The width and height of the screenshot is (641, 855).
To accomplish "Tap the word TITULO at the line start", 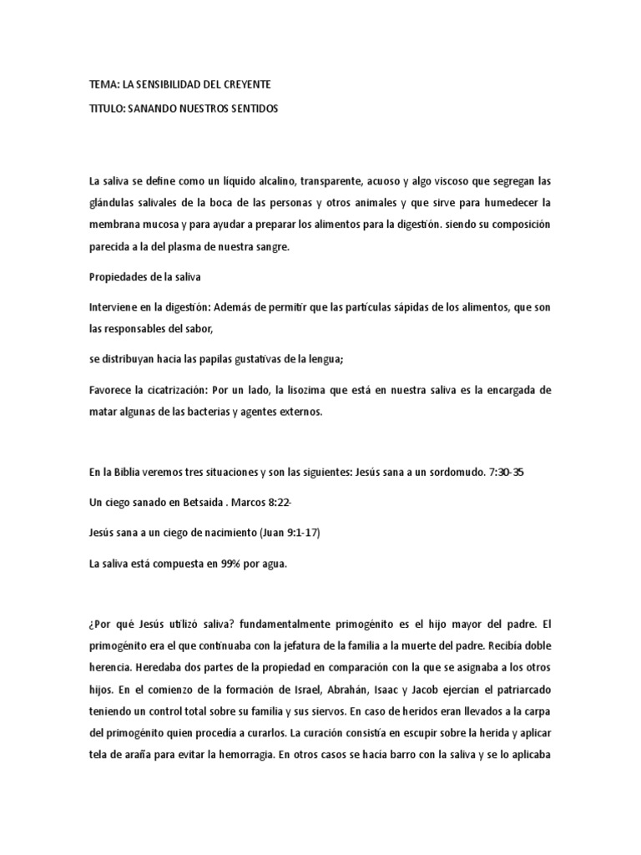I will coord(107,109).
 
